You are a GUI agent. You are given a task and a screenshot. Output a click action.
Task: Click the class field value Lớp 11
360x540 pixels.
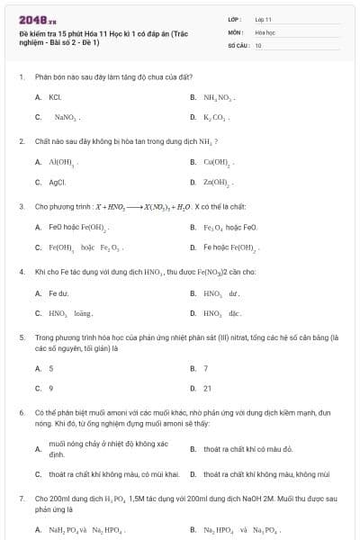(x=263, y=19)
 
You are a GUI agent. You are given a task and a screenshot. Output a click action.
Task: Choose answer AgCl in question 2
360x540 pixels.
(x=57, y=182)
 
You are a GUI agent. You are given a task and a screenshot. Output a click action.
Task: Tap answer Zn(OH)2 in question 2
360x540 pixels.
(x=219, y=182)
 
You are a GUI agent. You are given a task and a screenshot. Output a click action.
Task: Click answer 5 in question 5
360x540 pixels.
(x=50, y=368)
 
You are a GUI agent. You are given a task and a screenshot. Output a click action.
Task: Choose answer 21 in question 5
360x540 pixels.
(x=207, y=388)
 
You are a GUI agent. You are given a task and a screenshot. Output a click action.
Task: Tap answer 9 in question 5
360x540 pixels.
(x=50, y=388)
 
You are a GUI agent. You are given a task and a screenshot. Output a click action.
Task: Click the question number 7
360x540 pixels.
(x=21, y=498)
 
